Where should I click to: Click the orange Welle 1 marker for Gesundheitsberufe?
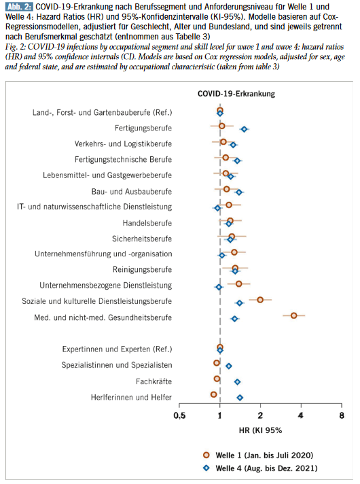(x=293, y=315)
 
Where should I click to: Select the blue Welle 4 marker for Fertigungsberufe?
(x=244, y=129)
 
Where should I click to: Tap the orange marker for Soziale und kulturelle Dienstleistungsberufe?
(x=260, y=299)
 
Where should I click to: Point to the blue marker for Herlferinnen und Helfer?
(x=239, y=398)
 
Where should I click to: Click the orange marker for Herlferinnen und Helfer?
(x=214, y=394)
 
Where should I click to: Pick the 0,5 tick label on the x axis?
(x=179, y=415)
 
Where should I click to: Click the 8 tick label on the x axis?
(x=341, y=415)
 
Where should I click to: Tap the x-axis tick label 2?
(x=260, y=415)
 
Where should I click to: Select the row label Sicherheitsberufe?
(x=141, y=239)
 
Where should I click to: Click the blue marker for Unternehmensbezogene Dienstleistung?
(x=219, y=287)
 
